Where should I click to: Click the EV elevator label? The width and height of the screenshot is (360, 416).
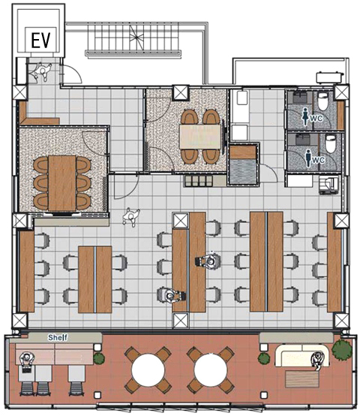(x=40, y=40)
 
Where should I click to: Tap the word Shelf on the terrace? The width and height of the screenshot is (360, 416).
(x=58, y=337)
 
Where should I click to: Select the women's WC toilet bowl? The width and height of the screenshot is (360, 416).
(x=322, y=101)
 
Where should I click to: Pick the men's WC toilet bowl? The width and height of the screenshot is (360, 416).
(x=330, y=143)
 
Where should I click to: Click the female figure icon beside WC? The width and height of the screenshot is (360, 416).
(x=306, y=118)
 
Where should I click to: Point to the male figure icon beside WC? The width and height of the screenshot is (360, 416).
(x=308, y=158)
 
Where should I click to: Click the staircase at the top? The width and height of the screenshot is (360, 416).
(x=133, y=38)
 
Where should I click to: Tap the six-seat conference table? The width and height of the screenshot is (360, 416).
(x=62, y=182)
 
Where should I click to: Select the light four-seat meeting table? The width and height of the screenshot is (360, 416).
(x=200, y=137)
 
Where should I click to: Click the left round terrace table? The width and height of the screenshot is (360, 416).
(x=148, y=370)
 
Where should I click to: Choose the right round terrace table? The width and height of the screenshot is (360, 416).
(x=210, y=370)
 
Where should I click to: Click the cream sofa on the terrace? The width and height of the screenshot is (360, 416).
(x=301, y=355)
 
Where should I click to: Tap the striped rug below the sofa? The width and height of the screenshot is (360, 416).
(x=302, y=379)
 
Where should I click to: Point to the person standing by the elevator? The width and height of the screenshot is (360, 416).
(x=42, y=71)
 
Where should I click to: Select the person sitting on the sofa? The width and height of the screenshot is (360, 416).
(x=318, y=361)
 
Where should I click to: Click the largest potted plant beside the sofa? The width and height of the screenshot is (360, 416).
(x=342, y=350)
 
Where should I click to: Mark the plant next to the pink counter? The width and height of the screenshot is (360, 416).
(x=99, y=358)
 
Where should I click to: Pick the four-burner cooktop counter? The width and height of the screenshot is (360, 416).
(x=199, y=180)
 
